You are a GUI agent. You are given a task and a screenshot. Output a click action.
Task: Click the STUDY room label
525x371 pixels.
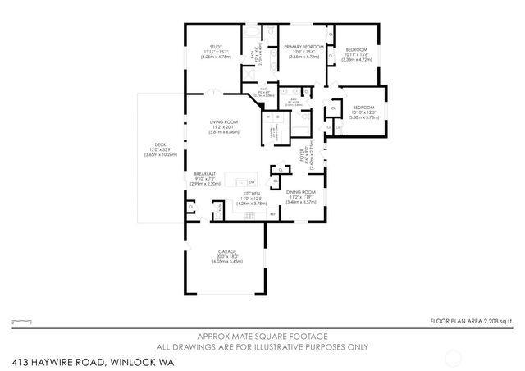[x=217, y=47]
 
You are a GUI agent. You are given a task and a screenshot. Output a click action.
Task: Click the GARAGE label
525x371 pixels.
[x=227, y=251]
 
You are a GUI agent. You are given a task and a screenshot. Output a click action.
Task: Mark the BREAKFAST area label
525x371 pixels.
[x=205, y=173]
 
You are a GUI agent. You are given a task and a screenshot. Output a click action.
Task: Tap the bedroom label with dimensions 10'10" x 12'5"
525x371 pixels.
[x=363, y=108]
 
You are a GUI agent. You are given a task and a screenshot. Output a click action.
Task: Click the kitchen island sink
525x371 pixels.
[x=239, y=181]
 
